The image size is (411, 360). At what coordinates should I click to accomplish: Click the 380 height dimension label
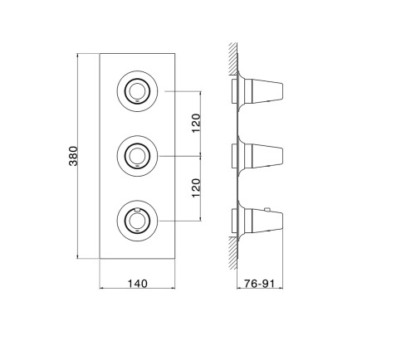click(x=73, y=156)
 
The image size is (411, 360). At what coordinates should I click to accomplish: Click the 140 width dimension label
click(x=137, y=284)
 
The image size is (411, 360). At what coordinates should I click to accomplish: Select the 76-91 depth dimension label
click(x=259, y=284)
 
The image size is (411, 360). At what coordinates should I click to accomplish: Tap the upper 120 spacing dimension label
click(x=196, y=123)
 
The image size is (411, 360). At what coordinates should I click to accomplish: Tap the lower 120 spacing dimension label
click(x=196, y=188)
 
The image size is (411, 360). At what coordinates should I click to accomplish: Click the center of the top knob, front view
click(x=137, y=91)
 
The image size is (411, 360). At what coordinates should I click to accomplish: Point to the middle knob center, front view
click(x=137, y=156)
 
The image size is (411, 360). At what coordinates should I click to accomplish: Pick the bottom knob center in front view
click(x=137, y=221)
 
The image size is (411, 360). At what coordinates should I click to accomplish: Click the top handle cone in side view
click(x=267, y=91)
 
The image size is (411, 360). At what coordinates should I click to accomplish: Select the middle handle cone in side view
click(x=267, y=156)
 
